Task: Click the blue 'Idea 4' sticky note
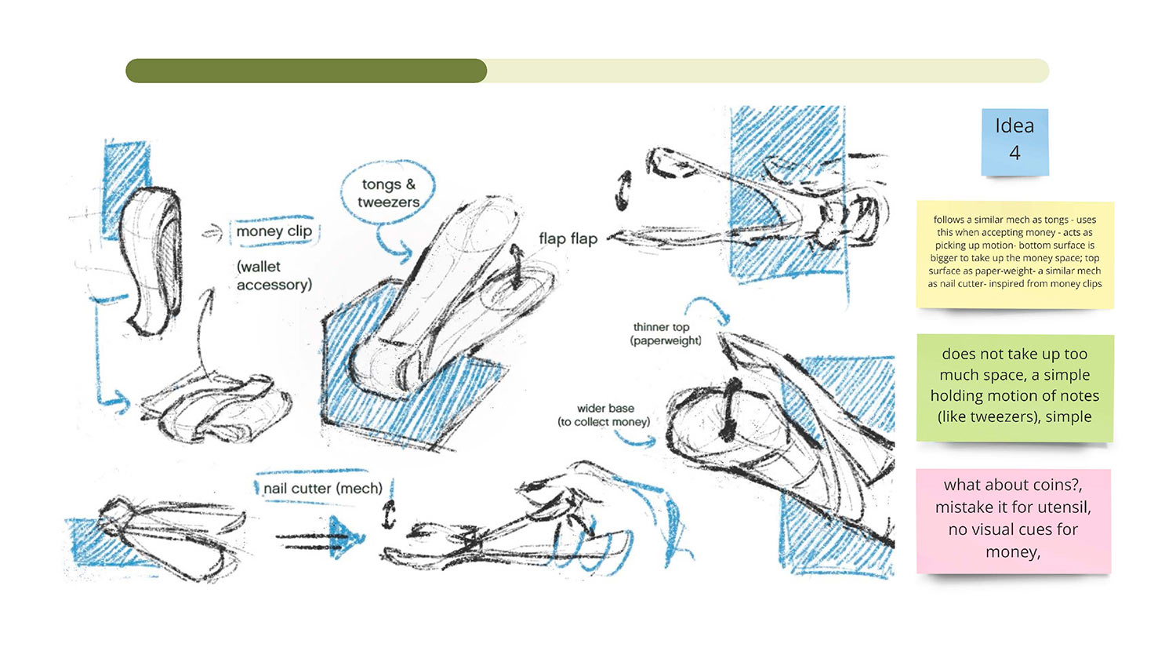(1014, 142)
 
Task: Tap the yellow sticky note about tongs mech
(1014, 254)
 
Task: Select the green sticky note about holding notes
(1014, 387)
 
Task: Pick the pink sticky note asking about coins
(1013, 521)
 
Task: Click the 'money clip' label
(274, 231)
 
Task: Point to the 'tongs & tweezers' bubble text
(388, 193)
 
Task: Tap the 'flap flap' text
(568, 238)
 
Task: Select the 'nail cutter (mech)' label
(323, 488)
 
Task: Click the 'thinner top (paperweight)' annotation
(666, 333)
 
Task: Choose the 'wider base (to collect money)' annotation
(604, 415)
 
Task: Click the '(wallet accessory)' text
(274, 275)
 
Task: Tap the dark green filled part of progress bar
(306, 71)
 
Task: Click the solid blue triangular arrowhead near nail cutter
(345, 537)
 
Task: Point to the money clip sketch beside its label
(152, 260)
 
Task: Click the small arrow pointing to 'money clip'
(213, 232)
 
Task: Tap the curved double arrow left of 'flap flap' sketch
(623, 190)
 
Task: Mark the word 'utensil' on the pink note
(1062, 507)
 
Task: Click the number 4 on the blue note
(1014, 154)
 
